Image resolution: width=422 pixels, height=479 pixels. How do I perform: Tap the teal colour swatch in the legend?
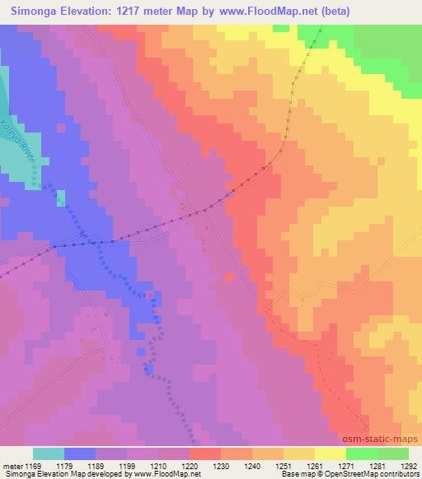coord(49,453)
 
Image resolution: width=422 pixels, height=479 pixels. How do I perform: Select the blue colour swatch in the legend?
coord(80,453)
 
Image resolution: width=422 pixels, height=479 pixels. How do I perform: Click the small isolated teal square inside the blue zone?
coord(59,198)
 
